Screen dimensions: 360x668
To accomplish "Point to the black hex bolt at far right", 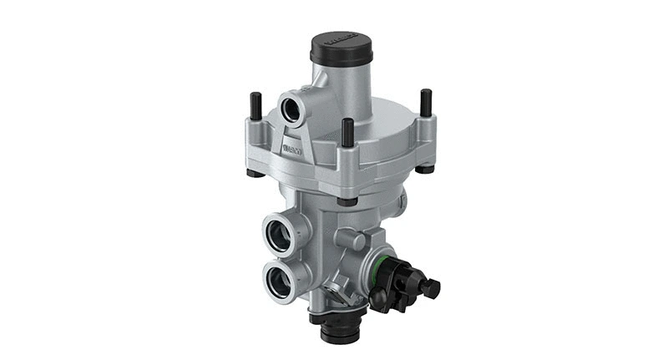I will click(431, 288).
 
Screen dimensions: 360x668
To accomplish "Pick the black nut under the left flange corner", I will click(253, 173).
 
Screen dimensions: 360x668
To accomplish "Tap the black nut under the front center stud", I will click(347, 200).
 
